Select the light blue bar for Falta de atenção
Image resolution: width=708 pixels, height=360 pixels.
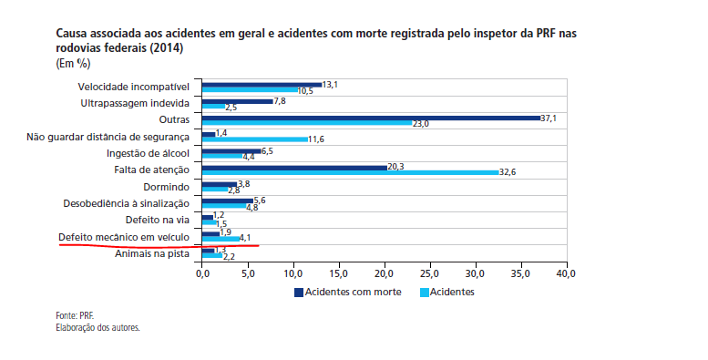pyautogui.click(x=350, y=172)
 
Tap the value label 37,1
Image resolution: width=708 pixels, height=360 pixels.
pyautogui.click(x=548, y=118)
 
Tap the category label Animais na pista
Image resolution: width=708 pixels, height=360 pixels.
pyautogui.click(x=152, y=253)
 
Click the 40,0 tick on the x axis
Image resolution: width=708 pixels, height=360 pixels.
pyautogui.click(x=567, y=273)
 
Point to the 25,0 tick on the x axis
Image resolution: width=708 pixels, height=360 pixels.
pyautogui.click(x=430, y=273)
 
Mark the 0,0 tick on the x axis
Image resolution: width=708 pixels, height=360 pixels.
pyautogui.click(x=202, y=273)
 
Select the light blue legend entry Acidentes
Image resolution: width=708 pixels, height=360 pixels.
pyautogui.click(x=452, y=292)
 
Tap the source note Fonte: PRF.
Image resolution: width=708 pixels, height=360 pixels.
pyautogui.click(x=75, y=315)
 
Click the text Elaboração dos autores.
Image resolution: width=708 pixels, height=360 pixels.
pyautogui.click(x=98, y=326)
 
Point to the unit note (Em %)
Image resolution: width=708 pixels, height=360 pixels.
pyautogui.click(x=76, y=63)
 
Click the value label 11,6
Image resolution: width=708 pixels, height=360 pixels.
pyautogui.click(x=316, y=139)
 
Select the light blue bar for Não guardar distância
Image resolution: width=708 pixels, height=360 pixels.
pyautogui.click(x=254, y=139)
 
